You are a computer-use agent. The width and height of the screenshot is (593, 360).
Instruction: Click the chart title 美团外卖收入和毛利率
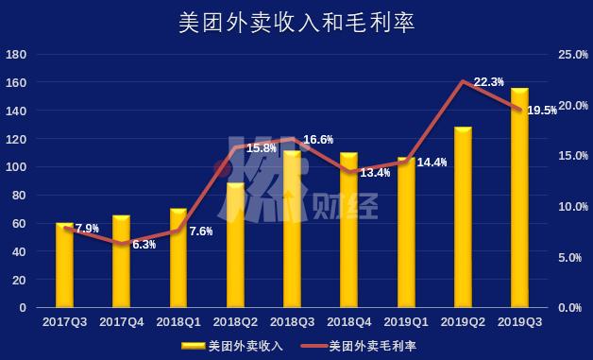coord(296,21)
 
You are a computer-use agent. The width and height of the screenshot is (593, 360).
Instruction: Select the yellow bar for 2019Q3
coord(519,198)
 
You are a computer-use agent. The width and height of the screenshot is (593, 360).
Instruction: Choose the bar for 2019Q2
coord(463,217)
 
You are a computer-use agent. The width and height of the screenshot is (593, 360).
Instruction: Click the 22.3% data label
coord(488,82)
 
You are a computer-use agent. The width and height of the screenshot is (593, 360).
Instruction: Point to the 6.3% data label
coord(144,245)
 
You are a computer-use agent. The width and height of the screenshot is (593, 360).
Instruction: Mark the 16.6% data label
coord(318,140)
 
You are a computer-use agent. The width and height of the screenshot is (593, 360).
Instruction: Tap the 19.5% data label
coord(541,111)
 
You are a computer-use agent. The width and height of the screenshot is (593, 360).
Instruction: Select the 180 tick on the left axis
coord(16,55)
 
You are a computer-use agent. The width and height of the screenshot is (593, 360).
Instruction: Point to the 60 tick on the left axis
coord(20,224)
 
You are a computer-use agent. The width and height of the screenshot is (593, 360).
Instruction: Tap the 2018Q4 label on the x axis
coord(349,322)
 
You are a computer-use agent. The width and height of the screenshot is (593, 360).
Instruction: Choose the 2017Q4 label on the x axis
coord(122,322)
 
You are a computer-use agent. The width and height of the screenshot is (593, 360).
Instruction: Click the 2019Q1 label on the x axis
coord(406,322)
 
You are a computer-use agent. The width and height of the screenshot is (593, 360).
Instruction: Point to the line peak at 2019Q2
coord(463,81)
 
